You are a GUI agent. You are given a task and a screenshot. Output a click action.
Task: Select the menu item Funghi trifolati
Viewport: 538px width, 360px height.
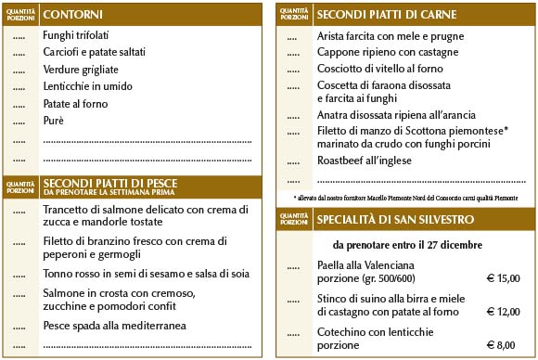[76, 35]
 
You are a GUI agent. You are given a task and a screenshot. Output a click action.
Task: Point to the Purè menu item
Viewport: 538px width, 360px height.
[54, 121]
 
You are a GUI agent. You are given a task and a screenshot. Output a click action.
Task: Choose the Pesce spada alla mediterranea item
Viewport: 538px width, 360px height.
[115, 326]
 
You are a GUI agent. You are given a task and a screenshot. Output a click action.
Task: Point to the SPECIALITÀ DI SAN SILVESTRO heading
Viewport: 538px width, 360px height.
[395, 220]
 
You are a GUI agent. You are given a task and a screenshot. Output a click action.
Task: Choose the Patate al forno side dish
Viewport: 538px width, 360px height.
[76, 103]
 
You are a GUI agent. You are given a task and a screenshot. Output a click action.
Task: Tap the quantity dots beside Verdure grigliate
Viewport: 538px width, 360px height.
[19, 70]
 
